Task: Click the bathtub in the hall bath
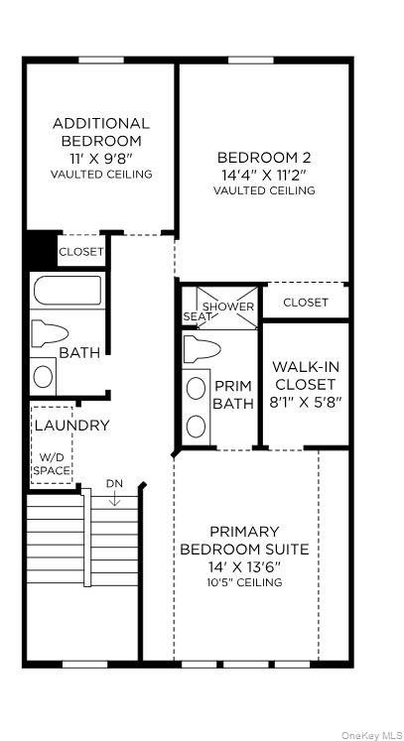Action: (x=67, y=291)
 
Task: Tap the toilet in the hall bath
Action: (x=50, y=333)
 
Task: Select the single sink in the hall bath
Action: (x=43, y=377)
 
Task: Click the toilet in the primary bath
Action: (x=202, y=349)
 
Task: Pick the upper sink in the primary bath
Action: (x=196, y=389)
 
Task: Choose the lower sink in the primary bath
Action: (x=196, y=427)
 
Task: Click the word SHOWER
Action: (x=228, y=307)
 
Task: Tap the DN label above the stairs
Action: (x=114, y=483)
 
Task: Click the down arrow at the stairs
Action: (x=114, y=498)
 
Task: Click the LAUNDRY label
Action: (x=71, y=425)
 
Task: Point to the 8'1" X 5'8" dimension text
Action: (x=307, y=402)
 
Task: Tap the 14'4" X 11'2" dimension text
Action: (x=264, y=175)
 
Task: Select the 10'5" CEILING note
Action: (x=245, y=581)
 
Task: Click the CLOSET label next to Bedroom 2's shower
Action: (x=305, y=302)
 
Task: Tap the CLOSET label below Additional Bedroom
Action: (x=80, y=251)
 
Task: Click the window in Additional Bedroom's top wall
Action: (x=101, y=61)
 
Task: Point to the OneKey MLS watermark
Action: (x=372, y=735)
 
